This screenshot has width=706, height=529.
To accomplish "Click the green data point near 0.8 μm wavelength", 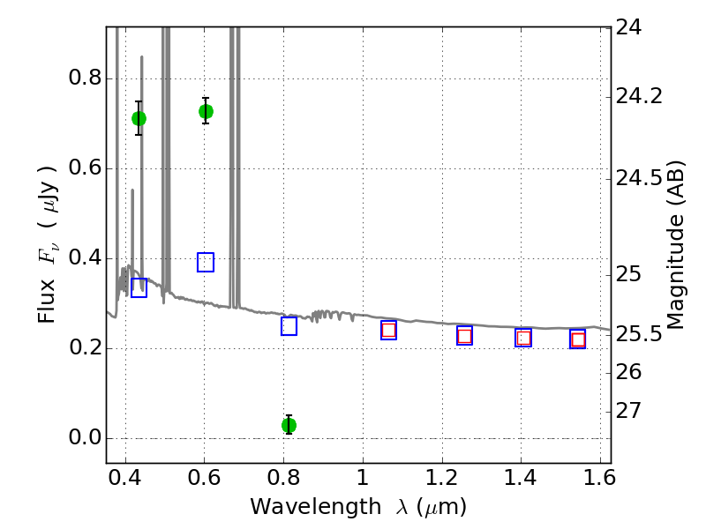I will (289, 425).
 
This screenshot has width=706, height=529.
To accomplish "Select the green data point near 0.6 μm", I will (206, 111).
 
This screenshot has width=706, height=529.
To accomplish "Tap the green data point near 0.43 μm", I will (139, 118).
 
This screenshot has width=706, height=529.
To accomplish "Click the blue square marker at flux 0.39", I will (206, 262).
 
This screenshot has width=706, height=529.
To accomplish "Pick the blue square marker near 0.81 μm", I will (289, 326).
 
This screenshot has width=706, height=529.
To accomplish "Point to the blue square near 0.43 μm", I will (139, 287).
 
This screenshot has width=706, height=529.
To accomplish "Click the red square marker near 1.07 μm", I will (388, 330).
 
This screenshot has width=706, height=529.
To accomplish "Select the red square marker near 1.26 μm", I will (464, 335).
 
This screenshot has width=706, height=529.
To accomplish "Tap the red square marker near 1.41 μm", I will (523, 338).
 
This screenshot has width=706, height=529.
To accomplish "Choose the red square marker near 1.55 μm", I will (578, 339).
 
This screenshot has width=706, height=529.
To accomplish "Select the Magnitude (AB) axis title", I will (676, 245).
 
